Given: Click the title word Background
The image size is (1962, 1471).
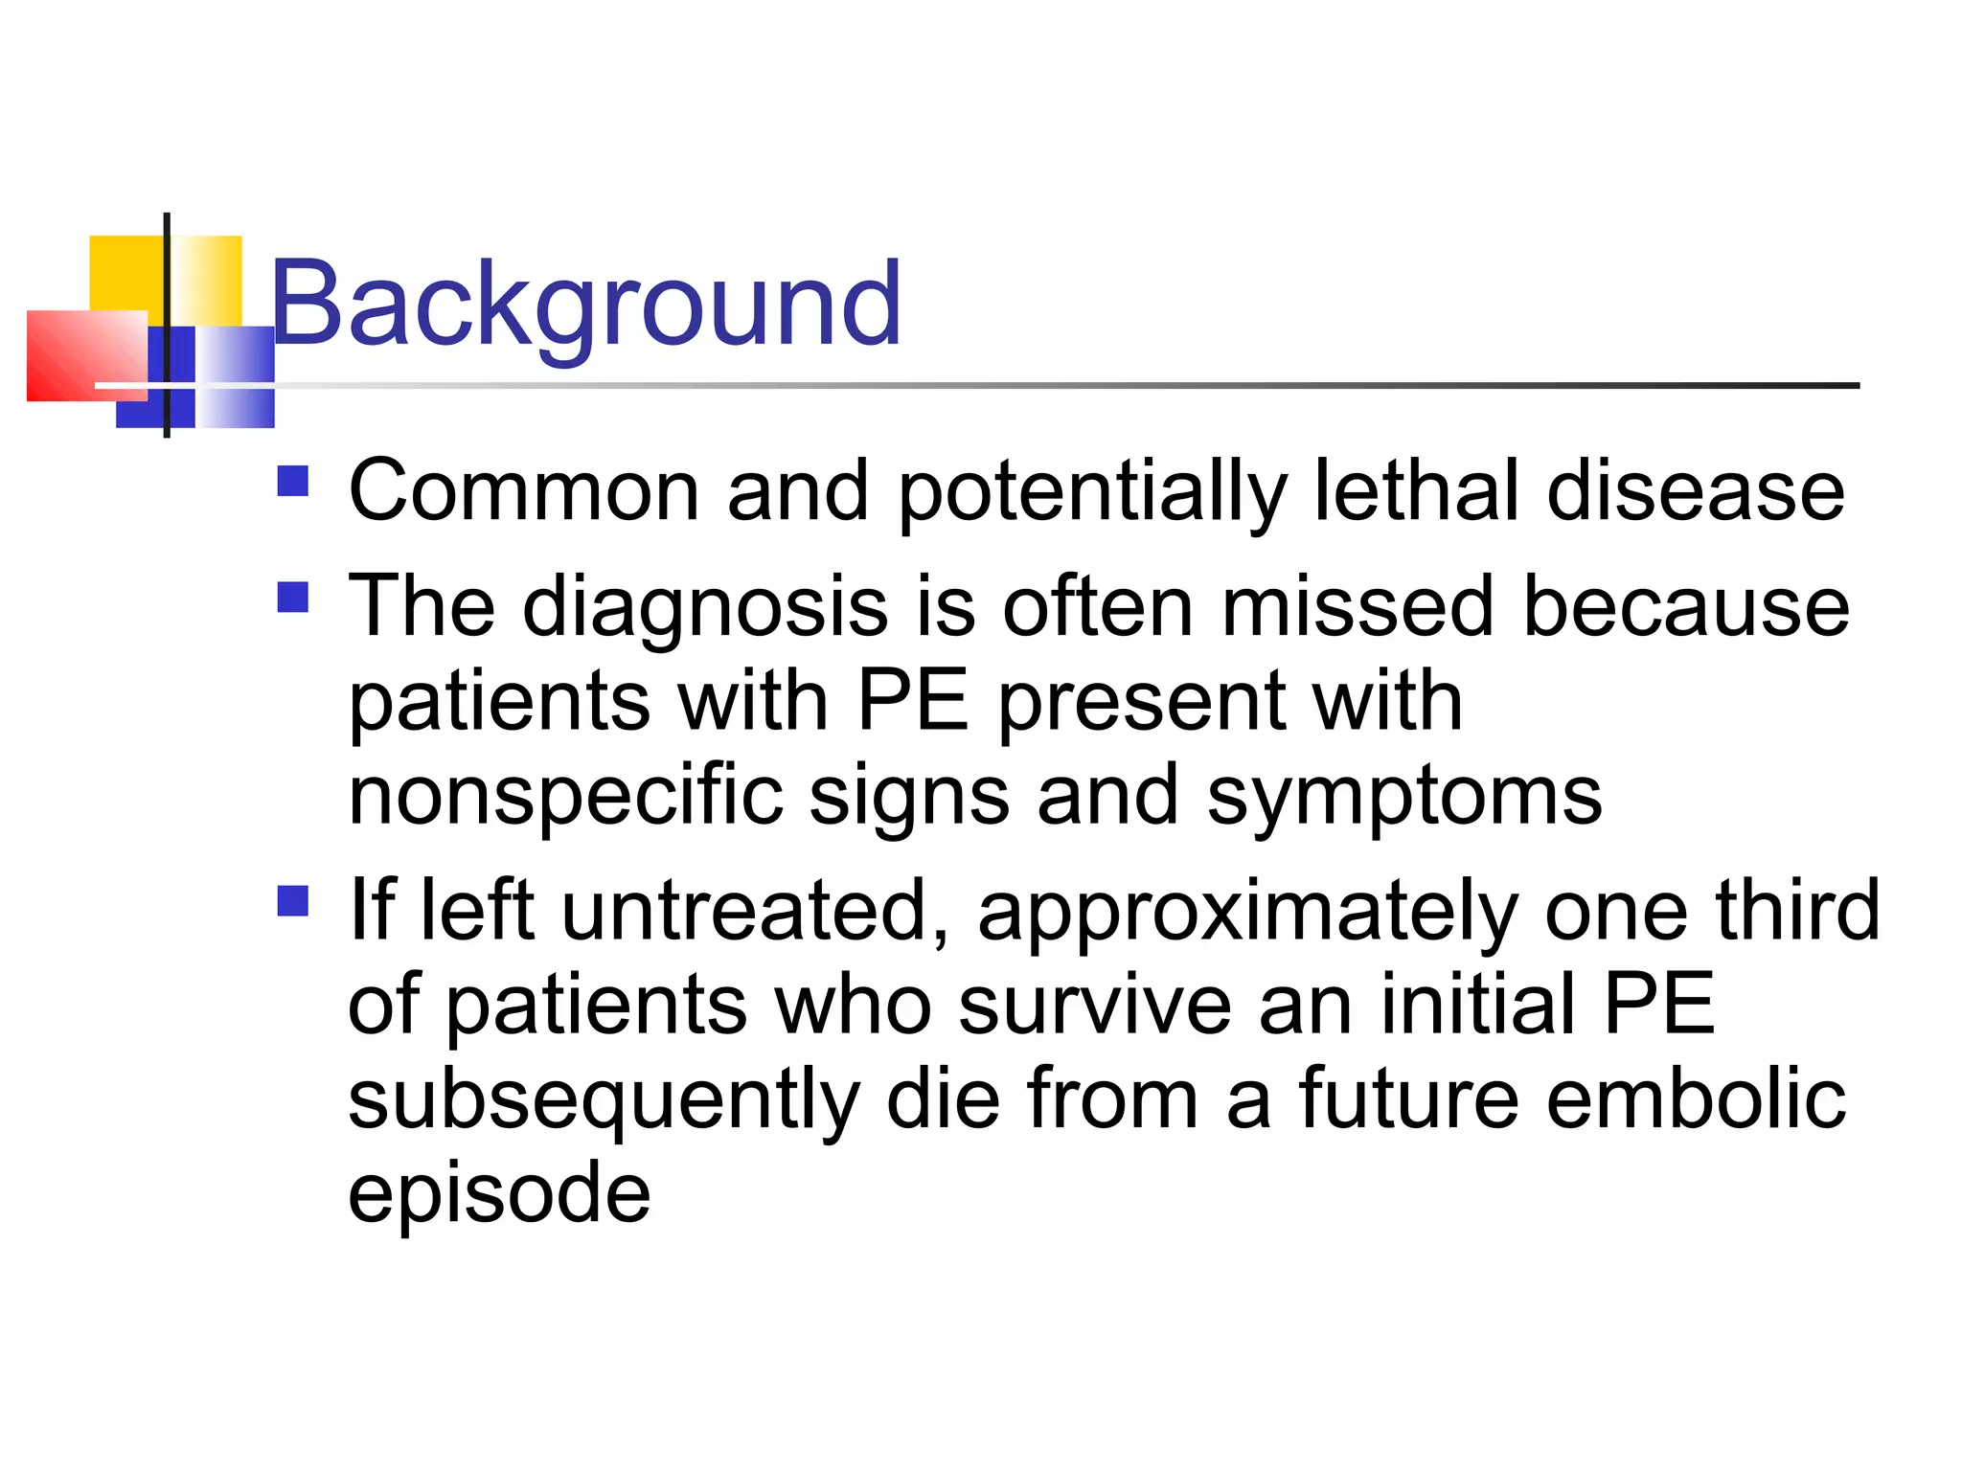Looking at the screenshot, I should click(585, 305).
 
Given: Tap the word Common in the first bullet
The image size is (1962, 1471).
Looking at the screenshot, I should click(523, 490).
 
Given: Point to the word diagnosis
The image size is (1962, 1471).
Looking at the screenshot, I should click(705, 607).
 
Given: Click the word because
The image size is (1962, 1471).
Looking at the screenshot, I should click(1686, 607).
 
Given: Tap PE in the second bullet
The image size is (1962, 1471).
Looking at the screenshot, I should click(913, 701).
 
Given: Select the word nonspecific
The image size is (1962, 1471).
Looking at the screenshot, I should click(566, 797).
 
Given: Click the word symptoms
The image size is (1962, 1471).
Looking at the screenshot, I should click(1404, 797).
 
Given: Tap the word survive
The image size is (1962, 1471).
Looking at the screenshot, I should click(1095, 1005).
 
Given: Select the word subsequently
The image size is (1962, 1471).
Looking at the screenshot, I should click(604, 1099).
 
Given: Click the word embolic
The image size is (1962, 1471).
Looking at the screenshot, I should click(1696, 1098).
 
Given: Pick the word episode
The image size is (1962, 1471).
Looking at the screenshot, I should click(499, 1193).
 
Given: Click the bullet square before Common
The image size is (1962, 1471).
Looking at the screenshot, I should click(293, 481).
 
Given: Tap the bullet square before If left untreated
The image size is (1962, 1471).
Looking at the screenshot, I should click(293, 900).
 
